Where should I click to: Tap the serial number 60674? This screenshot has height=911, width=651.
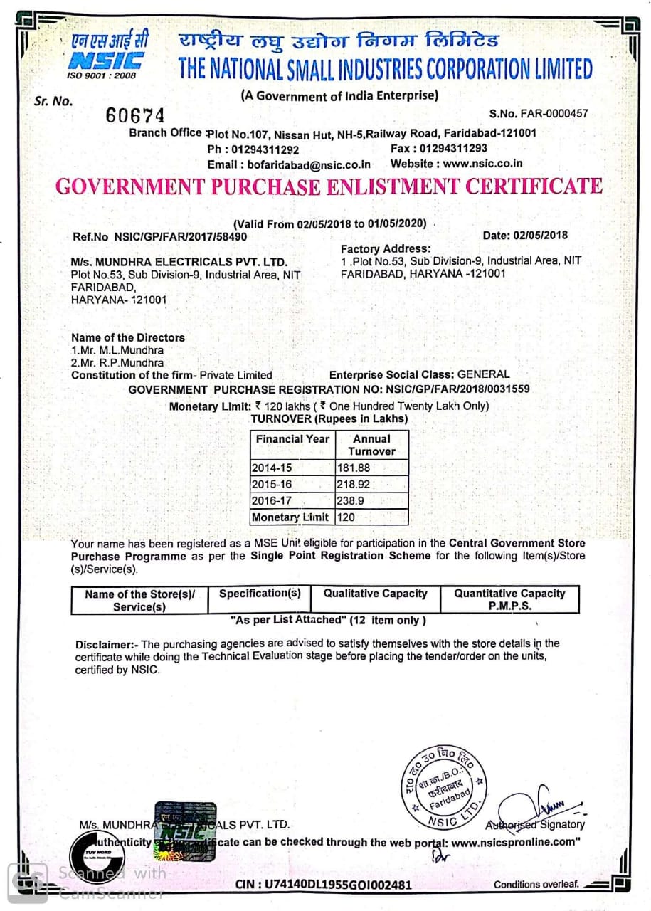point(134,115)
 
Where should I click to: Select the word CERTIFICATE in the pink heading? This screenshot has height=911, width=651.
point(534,186)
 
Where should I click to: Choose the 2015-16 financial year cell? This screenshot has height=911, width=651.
point(272,484)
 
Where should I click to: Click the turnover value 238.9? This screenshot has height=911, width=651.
point(351,500)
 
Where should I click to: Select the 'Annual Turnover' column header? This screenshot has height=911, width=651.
point(371,445)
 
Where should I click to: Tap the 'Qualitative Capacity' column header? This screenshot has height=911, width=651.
point(375,594)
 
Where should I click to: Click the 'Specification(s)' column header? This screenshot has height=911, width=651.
point(260,594)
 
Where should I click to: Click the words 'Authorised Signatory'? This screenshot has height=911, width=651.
point(535,825)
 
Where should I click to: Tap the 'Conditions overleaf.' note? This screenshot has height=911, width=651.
point(537,885)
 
